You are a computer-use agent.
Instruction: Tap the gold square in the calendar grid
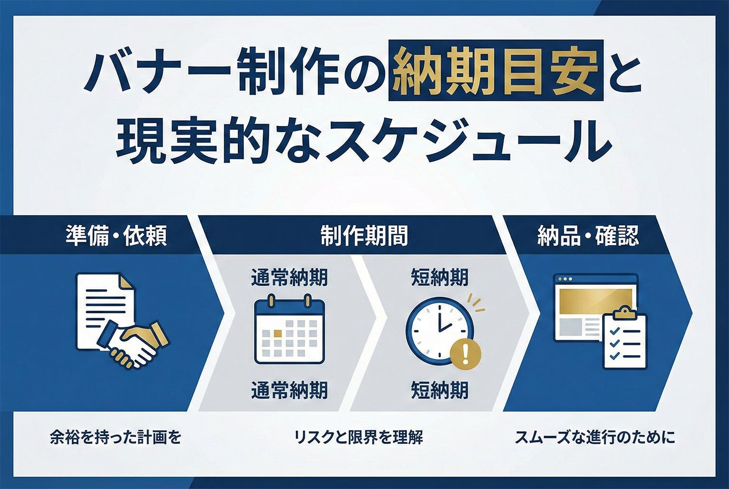pos(277,333)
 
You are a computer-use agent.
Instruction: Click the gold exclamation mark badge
pos(465,353)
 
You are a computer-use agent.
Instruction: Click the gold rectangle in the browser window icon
pos(596,300)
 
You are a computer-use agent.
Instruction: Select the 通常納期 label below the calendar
pos(290,390)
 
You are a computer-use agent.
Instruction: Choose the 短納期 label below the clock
pos(439,390)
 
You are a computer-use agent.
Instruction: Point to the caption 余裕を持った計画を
pos(115,437)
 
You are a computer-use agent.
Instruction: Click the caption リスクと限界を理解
pos(358,437)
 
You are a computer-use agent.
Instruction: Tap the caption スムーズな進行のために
pos(595,437)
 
